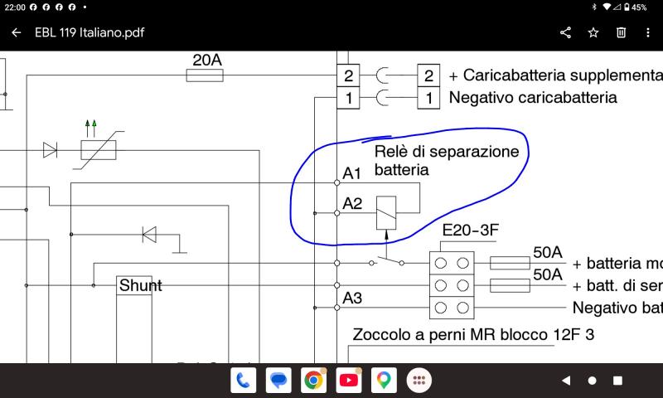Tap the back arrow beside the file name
point(16,32)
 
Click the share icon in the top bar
point(565,32)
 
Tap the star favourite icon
point(593,32)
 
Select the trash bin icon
point(621,32)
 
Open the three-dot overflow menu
point(648,32)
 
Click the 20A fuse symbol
point(205,75)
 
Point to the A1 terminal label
point(351,173)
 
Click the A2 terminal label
point(352,204)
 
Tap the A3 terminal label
point(352,298)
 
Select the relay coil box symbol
point(386,213)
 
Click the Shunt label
point(140,285)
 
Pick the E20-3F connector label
point(470,230)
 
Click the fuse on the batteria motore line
point(510,263)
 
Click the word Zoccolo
point(382,334)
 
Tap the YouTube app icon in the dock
point(348,381)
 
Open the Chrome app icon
point(313,381)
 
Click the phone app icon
point(243,381)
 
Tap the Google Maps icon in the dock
point(384,381)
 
